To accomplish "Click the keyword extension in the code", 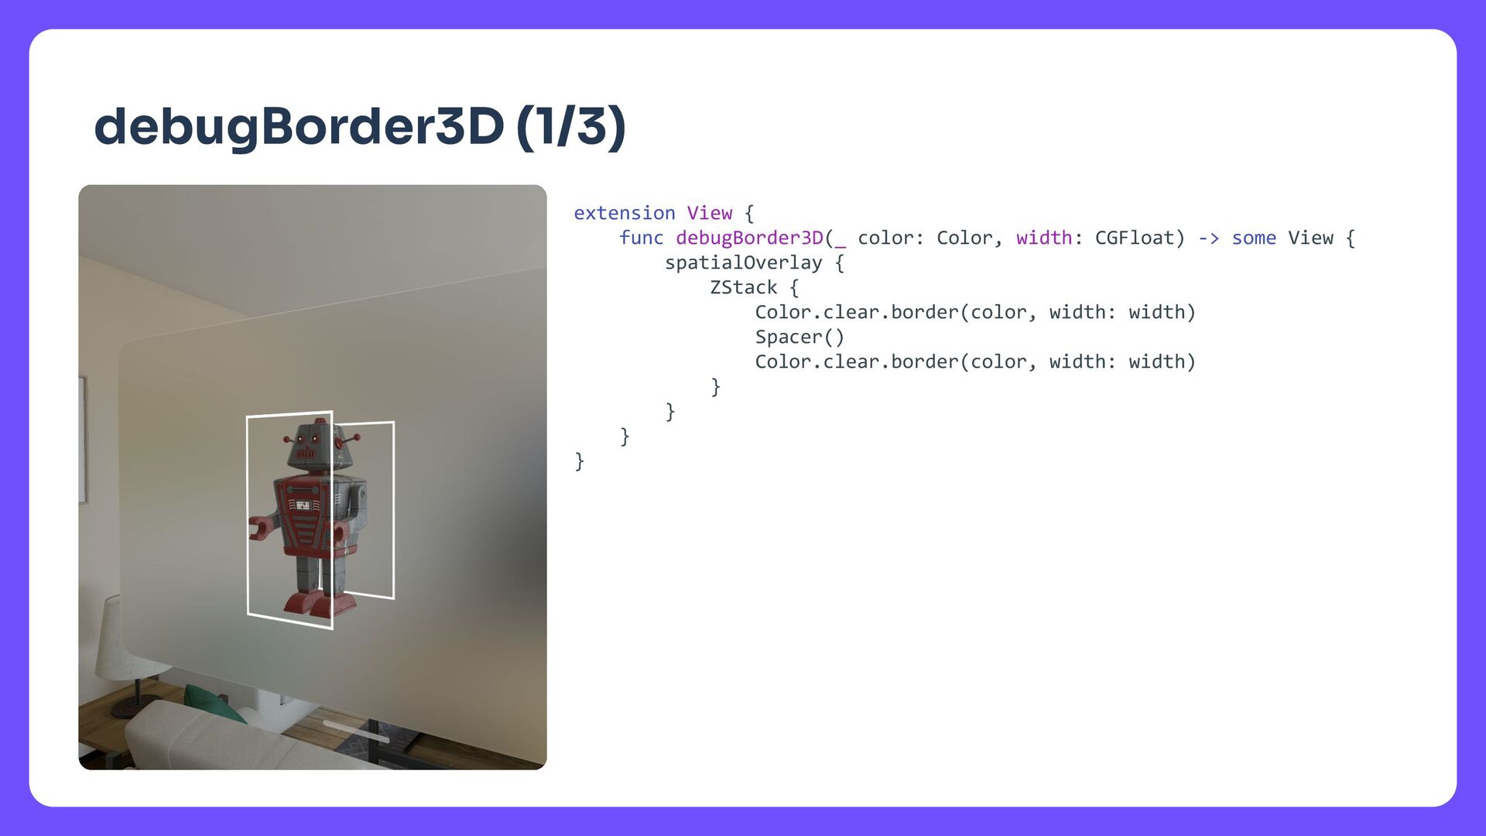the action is [x=624, y=213].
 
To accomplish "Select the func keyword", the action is [x=641, y=238].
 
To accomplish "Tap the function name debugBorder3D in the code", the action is [x=749, y=238].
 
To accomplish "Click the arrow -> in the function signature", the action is [x=1208, y=238].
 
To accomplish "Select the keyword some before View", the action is [x=1254, y=238].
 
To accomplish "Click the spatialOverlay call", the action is [x=743, y=262].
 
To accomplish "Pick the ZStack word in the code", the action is [x=743, y=287].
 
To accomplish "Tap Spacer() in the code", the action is [x=799, y=337].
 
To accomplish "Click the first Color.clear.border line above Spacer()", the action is [x=975, y=312].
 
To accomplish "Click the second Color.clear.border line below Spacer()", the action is [x=975, y=361].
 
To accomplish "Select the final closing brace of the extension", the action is [x=579, y=461].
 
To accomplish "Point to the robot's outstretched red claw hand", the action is [x=259, y=529].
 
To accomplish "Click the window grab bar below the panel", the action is [x=356, y=731].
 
